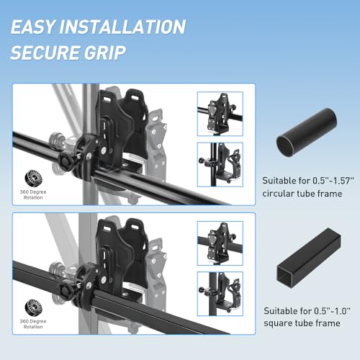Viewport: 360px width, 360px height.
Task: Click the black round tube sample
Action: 307,132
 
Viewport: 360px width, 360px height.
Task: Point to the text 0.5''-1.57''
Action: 333,181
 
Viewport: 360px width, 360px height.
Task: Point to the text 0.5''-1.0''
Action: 332,311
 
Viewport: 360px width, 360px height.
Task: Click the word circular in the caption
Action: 278,194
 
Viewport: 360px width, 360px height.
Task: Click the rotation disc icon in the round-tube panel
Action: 33,179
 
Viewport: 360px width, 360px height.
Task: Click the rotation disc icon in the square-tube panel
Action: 33,307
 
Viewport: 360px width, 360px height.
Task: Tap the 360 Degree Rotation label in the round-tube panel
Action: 33,194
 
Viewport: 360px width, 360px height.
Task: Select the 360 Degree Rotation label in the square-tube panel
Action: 33,324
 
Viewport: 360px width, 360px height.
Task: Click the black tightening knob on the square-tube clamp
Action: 65,289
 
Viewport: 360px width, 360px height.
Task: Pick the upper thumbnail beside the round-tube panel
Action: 220,114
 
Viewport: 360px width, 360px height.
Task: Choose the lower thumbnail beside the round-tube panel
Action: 220,165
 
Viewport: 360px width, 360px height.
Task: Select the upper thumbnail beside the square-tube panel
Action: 220,243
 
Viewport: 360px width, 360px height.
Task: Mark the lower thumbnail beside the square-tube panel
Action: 220,294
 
